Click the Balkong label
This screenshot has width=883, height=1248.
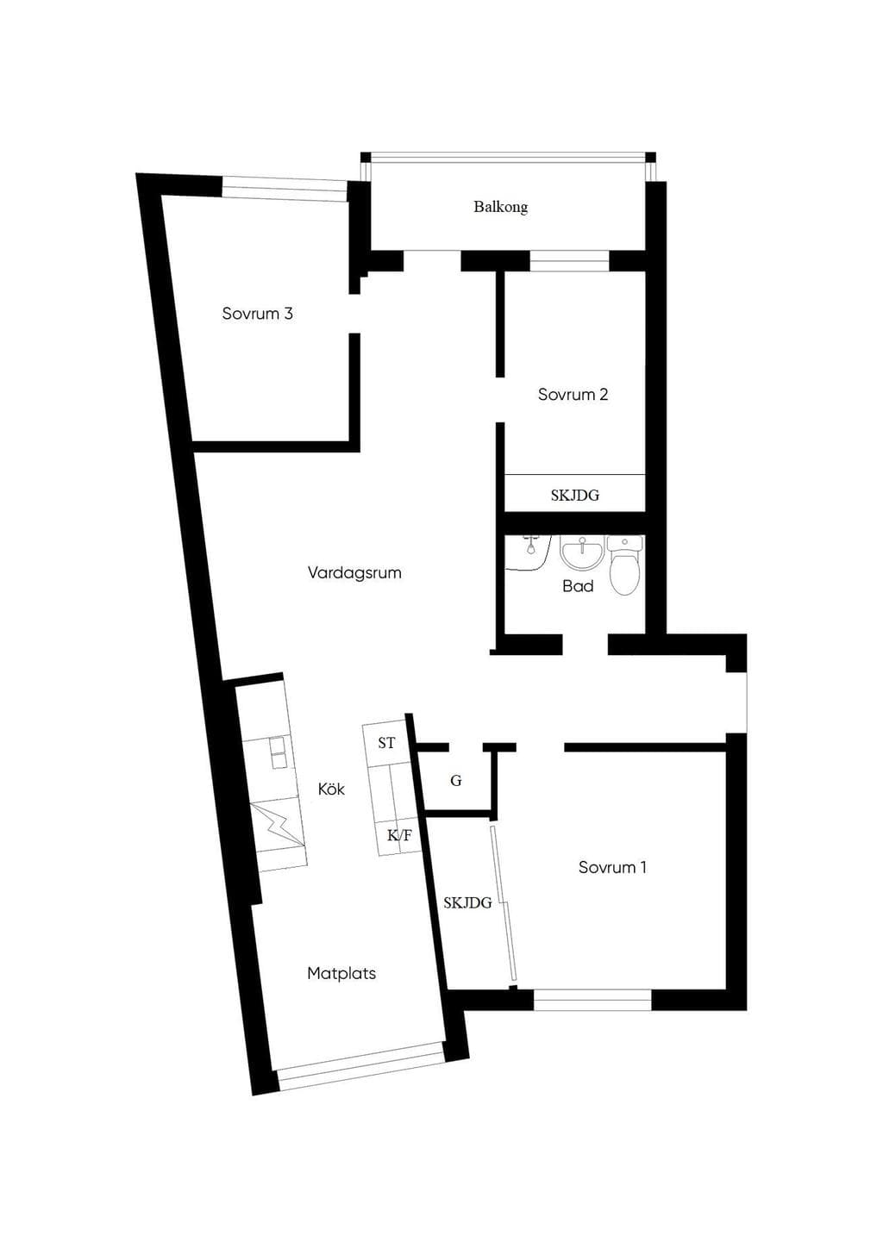coord(501,207)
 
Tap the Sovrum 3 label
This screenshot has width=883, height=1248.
coord(257,313)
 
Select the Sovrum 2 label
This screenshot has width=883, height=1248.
coord(573,395)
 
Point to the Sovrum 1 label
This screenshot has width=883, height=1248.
coord(612,867)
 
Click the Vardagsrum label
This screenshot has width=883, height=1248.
coord(354,573)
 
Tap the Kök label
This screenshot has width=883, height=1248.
coord(331,789)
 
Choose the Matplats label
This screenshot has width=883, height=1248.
coord(341,973)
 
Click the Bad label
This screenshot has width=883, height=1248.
coord(578,586)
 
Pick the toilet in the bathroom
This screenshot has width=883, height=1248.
coord(625,565)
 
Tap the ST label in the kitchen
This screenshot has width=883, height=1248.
coord(386,743)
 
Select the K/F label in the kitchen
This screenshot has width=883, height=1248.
coord(400,835)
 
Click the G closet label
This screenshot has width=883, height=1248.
coord(456,781)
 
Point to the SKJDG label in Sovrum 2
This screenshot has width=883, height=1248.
coord(575,495)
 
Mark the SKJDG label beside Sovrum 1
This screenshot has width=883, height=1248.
coord(467,902)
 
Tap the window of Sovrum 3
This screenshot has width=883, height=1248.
coord(285,188)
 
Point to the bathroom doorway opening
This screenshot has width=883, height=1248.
coord(585,644)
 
